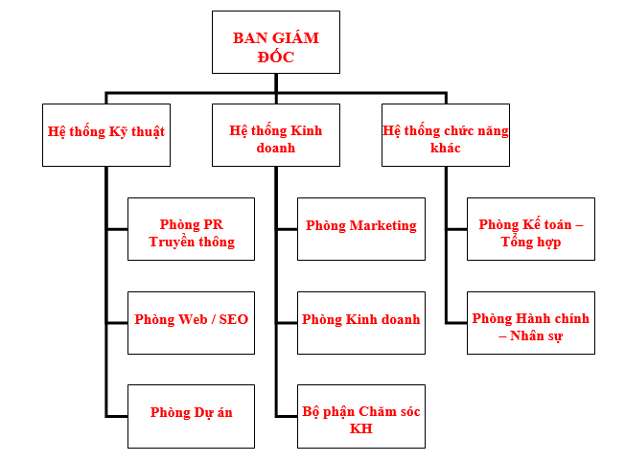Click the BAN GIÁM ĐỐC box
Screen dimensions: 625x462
pos(276,42)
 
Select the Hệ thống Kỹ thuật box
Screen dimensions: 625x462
pos(106,135)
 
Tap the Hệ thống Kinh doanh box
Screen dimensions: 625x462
pos(276,135)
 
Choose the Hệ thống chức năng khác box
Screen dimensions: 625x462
pos(446,135)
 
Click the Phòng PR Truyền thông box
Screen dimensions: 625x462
pos(192,229)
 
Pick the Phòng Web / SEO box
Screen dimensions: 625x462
pos(192,323)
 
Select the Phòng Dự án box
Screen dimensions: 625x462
pos(192,416)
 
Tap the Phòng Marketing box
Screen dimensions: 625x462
pos(361,229)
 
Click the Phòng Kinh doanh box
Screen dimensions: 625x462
pos(361,323)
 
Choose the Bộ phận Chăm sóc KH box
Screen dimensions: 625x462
pos(361,416)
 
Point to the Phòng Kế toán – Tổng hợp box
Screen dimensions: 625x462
pos(531,229)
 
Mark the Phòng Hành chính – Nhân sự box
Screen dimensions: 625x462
pos(531,323)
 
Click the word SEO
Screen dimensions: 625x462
pos(234,319)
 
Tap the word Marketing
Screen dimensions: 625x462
pos(382,226)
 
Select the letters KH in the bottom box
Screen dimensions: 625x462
pos(361,428)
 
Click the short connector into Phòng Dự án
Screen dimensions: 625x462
pos(117,417)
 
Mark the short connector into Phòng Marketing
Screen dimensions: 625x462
pos(287,229)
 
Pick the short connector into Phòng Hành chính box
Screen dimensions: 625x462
pos(457,323)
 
